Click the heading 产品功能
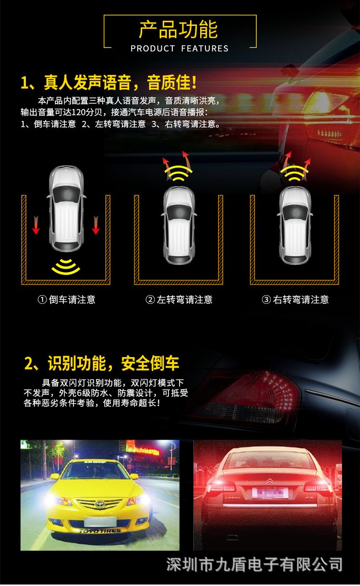point(178,30)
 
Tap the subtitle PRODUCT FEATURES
point(180,48)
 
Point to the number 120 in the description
point(77,112)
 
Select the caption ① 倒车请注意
point(66,299)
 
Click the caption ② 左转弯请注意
point(179,299)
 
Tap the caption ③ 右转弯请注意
point(295,299)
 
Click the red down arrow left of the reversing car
point(36,225)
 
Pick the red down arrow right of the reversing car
point(96,225)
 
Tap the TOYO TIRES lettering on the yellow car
point(100,530)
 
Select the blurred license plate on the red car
point(270,493)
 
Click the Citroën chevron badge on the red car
point(270,480)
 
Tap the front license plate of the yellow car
point(100,521)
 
